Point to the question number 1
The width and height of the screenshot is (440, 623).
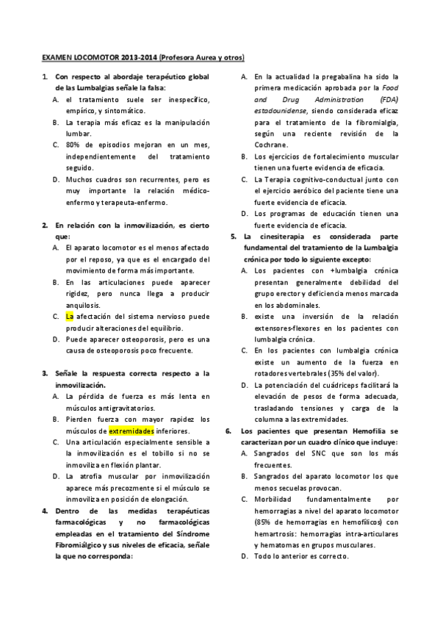[x=45, y=76]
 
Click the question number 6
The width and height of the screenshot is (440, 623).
[x=228, y=430]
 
